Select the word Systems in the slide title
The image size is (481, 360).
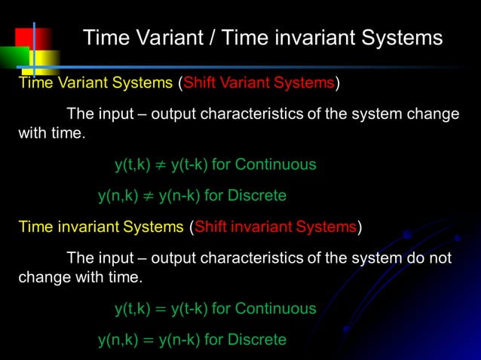click(399, 38)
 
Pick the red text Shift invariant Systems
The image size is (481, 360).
click(276, 227)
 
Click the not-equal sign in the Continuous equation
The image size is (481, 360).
click(161, 165)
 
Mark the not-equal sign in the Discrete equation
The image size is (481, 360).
click(147, 197)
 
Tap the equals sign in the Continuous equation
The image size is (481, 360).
click(161, 309)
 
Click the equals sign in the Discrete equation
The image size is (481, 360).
click(147, 340)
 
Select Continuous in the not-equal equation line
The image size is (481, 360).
click(275, 165)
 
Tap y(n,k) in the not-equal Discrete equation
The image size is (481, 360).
click(117, 197)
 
